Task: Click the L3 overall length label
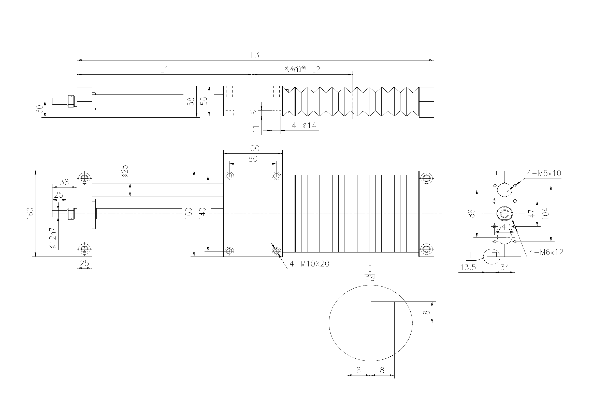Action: coord(255,55)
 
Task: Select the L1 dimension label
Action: coord(164,70)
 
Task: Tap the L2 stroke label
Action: coord(316,70)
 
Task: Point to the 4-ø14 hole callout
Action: coord(304,125)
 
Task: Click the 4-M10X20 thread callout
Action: coord(310,264)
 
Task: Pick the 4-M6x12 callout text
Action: coord(546,252)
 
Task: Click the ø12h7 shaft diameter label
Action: coord(53,238)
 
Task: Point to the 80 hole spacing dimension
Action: coord(253,159)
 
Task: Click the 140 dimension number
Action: coord(203,214)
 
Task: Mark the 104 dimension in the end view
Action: coord(545,214)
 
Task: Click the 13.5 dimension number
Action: coord(468,267)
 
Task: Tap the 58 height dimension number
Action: coord(192,102)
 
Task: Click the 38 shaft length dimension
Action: coord(64,182)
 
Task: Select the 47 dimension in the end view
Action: coord(532,213)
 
